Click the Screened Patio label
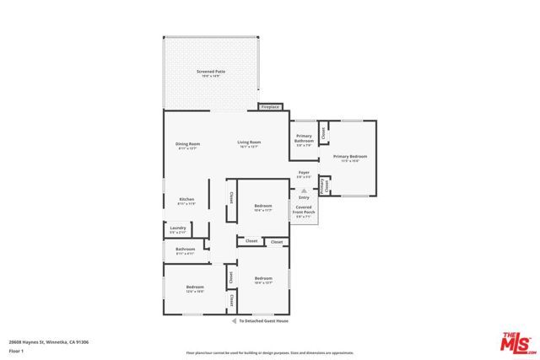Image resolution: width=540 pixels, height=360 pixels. (211, 72)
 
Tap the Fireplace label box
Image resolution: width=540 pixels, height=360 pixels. (270, 107)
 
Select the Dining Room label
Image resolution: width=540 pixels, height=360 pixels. (187, 145)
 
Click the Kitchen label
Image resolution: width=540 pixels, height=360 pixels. (186, 201)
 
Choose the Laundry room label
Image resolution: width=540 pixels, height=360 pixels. (178, 228)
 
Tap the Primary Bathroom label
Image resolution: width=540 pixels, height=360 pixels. (304, 141)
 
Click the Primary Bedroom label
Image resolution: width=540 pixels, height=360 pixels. (350, 158)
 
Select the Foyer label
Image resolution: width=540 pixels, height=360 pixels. (304, 174)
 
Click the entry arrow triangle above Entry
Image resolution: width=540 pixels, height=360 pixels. (304, 191)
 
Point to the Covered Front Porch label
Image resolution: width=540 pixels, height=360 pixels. (304, 211)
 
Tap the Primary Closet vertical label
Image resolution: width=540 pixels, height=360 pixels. (324, 185)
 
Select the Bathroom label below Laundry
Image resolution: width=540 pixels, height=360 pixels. (186, 250)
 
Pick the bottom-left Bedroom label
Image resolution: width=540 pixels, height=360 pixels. (195, 288)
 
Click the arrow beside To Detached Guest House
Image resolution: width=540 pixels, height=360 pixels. (234, 321)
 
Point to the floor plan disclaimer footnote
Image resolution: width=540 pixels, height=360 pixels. (269, 352)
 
